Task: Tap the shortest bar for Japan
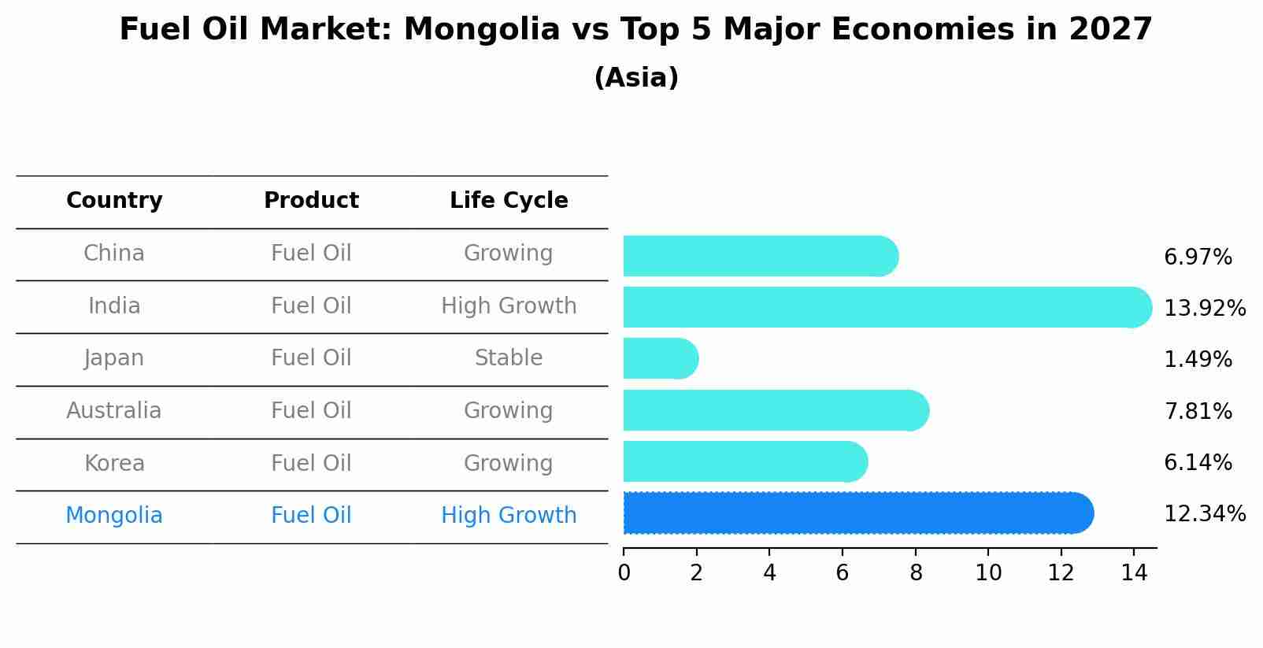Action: coord(660,359)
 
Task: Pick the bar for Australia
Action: coord(775,410)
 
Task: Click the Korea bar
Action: coord(744,462)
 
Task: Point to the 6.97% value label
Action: coord(1197,257)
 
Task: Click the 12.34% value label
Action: coord(1204,514)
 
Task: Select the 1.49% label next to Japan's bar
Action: coord(1197,360)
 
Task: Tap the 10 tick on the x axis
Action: coord(988,573)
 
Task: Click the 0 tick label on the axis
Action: coord(624,573)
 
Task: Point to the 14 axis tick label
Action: coord(1134,573)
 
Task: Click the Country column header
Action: coord(114,201)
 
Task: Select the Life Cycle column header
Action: coord(509,201)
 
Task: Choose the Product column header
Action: coord(311,201)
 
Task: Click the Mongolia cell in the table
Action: coord(114,516)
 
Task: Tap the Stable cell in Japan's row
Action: coord(509,358)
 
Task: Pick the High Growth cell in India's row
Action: coord(509,306)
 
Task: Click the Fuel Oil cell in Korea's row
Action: coord(311,463)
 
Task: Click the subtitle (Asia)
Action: coord(636,78)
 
